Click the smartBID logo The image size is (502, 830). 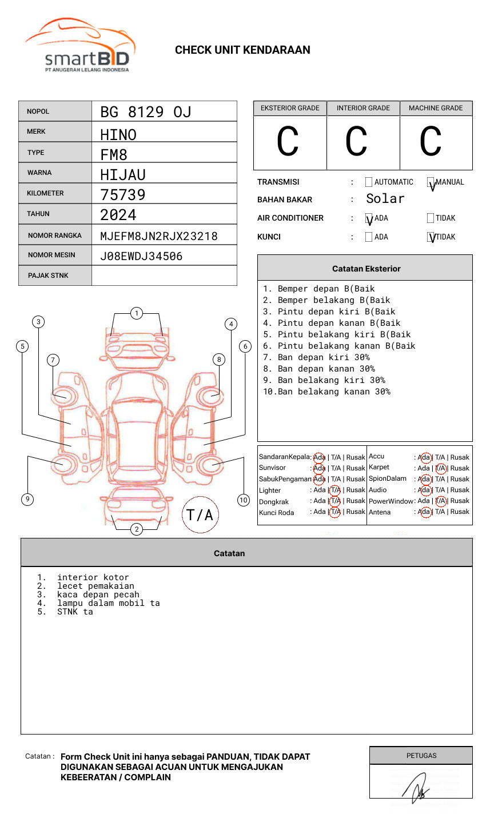pyautogui.click(x=80, y=46)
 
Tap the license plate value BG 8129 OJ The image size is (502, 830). pyautogui.click(x=145, y=112)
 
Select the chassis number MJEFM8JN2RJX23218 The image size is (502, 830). pyautogui.click(x=158, y=236)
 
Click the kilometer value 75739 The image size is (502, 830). pyautogui.click(x=123, y=195)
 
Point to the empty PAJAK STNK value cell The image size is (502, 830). pyautogui.click(x=164, y=276)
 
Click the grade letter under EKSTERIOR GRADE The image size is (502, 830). pyautogui.click(x=288, y=142)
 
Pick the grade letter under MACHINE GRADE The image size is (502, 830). pyautogui.click(x=431, y=142)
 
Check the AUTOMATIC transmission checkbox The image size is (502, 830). pyautogui.click(x=369, y=182)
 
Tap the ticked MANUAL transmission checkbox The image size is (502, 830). pyautogui.click(x=431, y=182)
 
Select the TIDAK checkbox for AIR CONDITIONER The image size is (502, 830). pyautogui.click(x=431, y=218)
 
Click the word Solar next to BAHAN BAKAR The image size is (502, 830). pyautogui.click(x=385, y=199)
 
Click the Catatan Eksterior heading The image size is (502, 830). pyautogui.click(x=366, y=269)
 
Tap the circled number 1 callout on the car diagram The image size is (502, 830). pyautogui.click(x=136, y=313)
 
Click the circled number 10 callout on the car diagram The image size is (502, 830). pyautogui.click(x=244, y=500)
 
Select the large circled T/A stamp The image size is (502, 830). pyautogui.click(x=200, y=515)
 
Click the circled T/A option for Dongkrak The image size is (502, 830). pyautogui.click(x=335, y=501)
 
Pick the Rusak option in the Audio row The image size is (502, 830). pyautogui.click(x=460, y=490)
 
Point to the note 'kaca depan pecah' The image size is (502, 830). pyautogui.click(x=98, y=594)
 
